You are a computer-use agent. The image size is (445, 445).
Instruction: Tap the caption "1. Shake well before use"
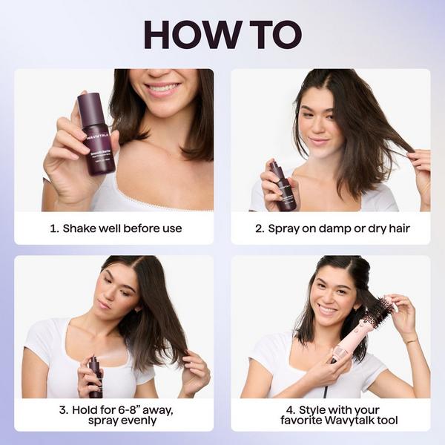tap(115, 228)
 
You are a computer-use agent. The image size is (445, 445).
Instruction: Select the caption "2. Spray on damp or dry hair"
tap(332, 228)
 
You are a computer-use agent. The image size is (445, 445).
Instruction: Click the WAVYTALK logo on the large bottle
tap(97, 136)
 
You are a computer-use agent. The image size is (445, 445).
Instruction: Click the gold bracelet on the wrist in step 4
tap(410, 340)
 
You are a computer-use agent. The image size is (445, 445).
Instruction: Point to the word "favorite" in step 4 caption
tap(300, 421)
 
